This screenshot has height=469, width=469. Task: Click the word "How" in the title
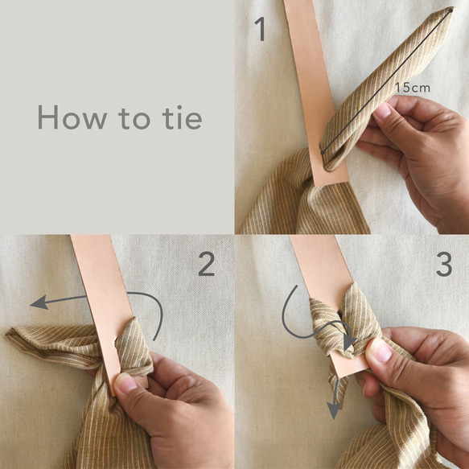72,117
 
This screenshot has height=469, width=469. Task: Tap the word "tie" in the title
182,117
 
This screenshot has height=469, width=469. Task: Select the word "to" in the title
134,118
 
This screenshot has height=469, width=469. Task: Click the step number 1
261,29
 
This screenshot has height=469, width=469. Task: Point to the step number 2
207,264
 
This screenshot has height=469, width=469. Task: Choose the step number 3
444,264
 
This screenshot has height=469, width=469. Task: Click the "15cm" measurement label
413,88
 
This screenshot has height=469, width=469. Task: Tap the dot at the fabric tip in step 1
450,10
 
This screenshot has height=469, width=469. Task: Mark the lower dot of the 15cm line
323,153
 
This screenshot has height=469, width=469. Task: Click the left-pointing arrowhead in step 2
39,302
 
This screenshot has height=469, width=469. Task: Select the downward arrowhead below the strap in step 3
334,409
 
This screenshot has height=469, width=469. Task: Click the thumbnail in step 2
125,384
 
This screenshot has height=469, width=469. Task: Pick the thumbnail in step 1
382,111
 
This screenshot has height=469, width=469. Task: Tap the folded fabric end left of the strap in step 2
51,344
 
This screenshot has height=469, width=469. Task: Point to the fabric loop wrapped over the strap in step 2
134,347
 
